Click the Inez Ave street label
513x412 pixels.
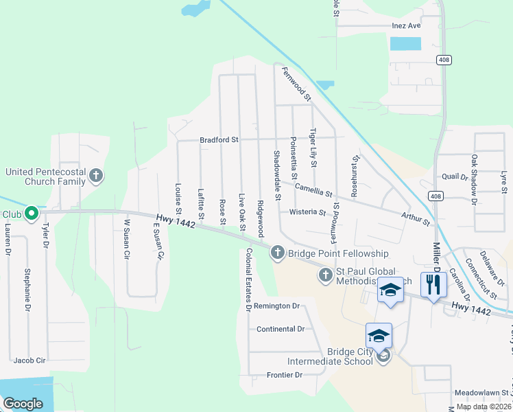[405, 25]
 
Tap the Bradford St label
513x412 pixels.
[219, 140]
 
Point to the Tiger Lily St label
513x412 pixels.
[313, 148]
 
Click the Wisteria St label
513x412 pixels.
[307, 212]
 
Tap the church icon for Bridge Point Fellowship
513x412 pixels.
[278, 253]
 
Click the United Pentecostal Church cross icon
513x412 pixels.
[96, 176]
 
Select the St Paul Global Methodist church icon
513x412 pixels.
[326, 275]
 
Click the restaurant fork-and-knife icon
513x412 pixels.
[433, 284]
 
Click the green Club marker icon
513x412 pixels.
[31, 214]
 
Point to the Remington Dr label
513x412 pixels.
[277, 306]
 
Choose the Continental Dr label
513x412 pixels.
[280, 329]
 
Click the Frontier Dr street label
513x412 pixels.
[285, 375]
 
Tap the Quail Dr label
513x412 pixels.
[455, 176]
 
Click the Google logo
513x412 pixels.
[23, 403]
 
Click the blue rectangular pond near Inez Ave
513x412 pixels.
[405, 44]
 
